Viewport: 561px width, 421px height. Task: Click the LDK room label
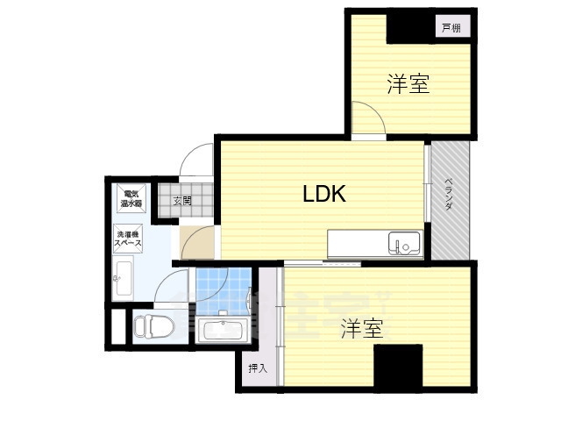(x=324, y=194)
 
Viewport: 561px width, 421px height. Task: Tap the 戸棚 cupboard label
(x=451, y=28)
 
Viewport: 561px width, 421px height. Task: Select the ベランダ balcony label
(x=449, y=194)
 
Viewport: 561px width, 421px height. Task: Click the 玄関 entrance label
(x=181, y=201)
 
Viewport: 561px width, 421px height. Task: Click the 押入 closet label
(x=257, y=368)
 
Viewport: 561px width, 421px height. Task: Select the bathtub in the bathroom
(x=223, y=332)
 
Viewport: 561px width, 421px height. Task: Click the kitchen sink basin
(x=404, y=243)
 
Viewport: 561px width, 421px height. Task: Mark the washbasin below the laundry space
(x=122, y=281)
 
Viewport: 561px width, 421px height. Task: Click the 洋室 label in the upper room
(x=408, y=84)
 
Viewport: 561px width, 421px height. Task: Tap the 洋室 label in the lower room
(x=362, y=330)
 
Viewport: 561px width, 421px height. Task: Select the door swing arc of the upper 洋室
(x=366, y=118)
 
